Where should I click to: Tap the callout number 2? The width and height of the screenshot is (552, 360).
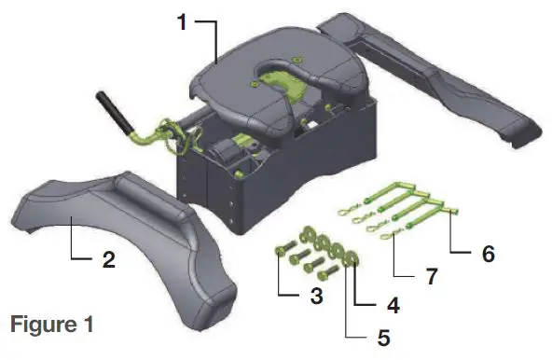point(109,261)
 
